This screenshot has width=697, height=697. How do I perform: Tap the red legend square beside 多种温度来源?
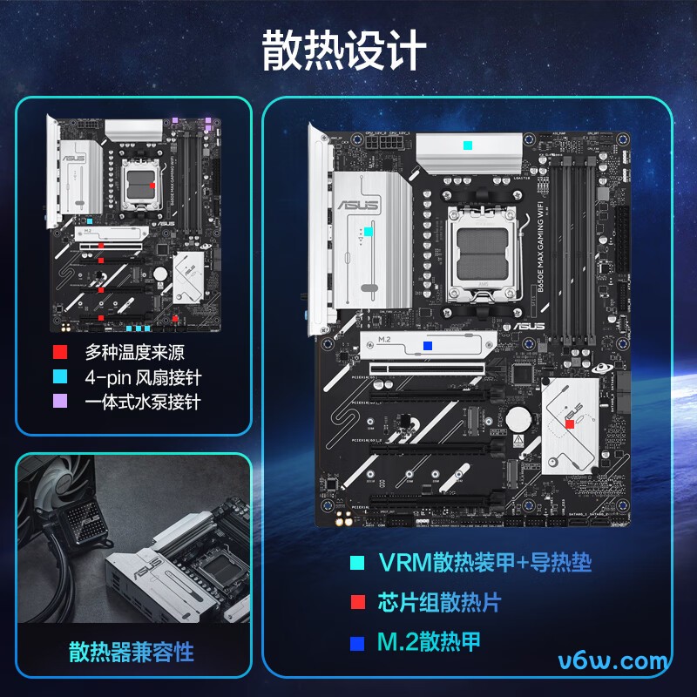[60, 353]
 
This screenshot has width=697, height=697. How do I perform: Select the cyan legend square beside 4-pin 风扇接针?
[60, 377]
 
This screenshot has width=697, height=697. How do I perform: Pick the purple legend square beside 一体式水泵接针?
[60, 402]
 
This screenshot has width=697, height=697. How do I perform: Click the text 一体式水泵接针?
[143, 402]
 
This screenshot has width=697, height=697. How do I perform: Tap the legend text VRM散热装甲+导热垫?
[484, 563]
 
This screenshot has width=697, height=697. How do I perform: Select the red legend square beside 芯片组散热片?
[355, 603]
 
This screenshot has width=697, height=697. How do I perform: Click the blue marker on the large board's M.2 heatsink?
[427, 345]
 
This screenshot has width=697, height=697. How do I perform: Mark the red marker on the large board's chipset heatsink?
[570, 424]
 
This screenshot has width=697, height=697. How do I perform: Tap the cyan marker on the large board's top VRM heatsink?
[469, 145]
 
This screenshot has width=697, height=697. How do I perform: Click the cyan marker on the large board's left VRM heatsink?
[369, 232]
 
